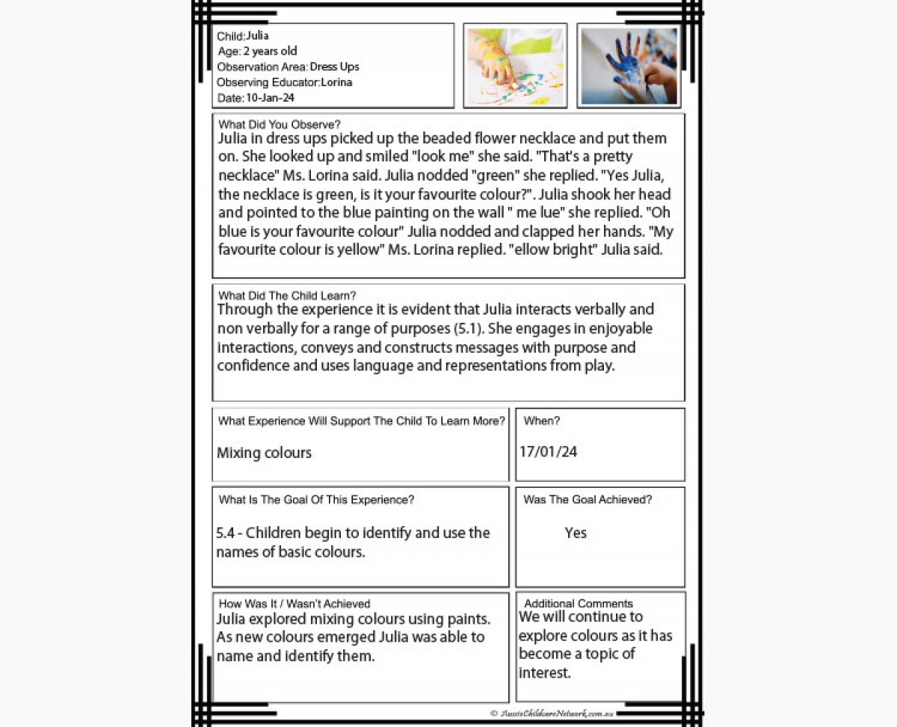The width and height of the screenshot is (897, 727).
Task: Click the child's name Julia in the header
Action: pyautogui.click(x=257, y=36)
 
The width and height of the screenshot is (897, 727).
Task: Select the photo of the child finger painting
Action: pyautogui.click(x=515, y=66)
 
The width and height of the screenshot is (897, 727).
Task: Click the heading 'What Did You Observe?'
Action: pyautogui.click(x=279, y=125)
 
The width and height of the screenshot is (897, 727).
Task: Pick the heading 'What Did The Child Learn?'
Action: pyautogui.click(x=287, y=296)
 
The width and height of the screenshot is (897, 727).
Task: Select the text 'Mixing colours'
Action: pyautogui.click(x=264, y=453)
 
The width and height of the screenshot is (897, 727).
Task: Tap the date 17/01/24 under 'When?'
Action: pyautogui.click(x=548, y=452)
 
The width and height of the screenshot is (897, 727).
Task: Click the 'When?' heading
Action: pyautogui.click(x=541, y=421)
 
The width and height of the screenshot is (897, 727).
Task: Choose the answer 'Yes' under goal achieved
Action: pyautogui.click(x=576, y=533)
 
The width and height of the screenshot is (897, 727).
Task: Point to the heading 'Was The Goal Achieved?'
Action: pyautogui.click(x=587, y=500)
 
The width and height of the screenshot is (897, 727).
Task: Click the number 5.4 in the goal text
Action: pyautogui.click(x=225, y=533)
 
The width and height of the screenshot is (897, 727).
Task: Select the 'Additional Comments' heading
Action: pyautogui.click(x=578, y=604)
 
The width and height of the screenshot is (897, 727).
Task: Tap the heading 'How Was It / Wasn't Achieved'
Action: pyautogui.click(x=294, y=604)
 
